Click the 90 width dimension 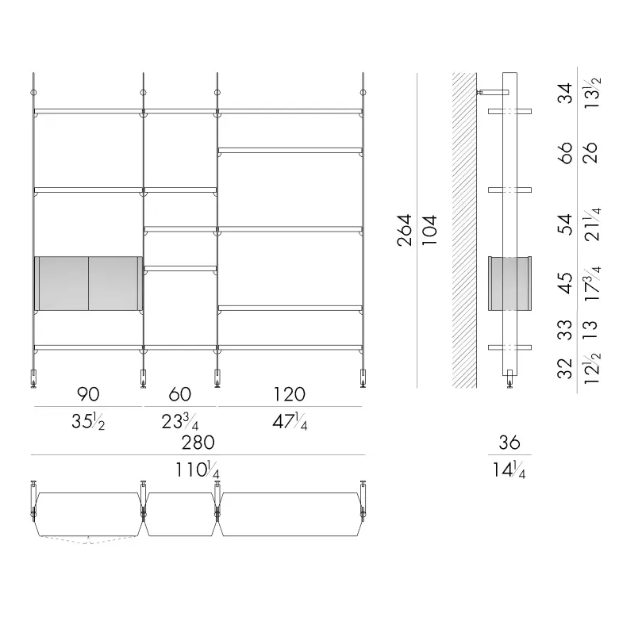click(x=88, y=394)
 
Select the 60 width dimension click(x=180, y=394)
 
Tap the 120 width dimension click(x=290, y=394)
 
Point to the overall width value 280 click(x=198, y=443)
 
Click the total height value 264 click(x=406, y=230)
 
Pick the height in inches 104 click(x=429, y=230)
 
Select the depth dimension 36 click(x=509, y=443)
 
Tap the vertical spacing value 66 click(x=565, y=153)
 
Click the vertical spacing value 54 click(x=565, y=224)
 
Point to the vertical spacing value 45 click(x=565, y=282)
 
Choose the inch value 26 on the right click(x=590, y=153)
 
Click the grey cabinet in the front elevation click(x=88, y=283)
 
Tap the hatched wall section click(x=464, y=230)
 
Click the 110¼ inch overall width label click(x=198, y=469)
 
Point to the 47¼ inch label click(x=290, y=421)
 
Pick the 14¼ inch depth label click(x=509, y=469)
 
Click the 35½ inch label click(x=88, y=421)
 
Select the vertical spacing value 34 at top click(x=565, y=93)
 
